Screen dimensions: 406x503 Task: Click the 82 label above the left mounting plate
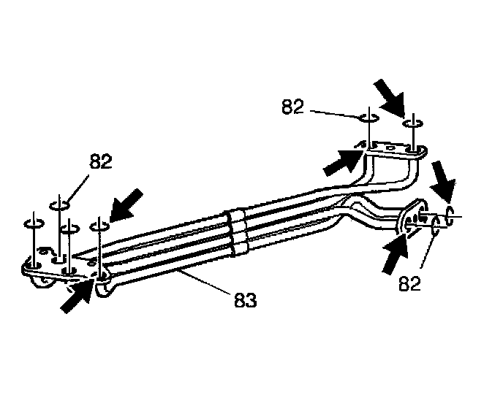tap(100, 161)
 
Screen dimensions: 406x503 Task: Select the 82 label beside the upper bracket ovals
tap(292, 107)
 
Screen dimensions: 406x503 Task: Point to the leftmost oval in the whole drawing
tap(33, 223)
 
